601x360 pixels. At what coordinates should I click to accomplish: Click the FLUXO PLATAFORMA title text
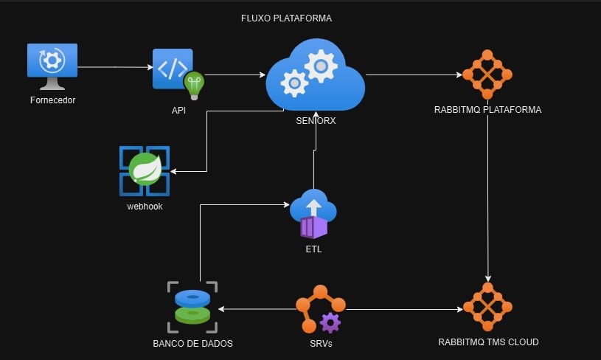coord(287,18)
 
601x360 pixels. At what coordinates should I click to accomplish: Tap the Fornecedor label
coord(52,100)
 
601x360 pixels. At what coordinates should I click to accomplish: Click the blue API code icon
coord(173,69)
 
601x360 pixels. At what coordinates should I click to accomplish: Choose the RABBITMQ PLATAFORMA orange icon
coord(487,75)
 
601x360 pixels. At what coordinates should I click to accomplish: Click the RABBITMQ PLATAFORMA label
coord(487,110)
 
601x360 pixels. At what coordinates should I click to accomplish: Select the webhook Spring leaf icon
coord(145,170)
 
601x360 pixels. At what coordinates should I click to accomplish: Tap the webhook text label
coord(145,206)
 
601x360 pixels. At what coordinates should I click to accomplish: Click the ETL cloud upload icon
coord(313,213)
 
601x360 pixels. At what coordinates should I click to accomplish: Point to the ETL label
coord(313,249)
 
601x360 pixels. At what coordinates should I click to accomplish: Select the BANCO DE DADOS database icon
coord(192,305)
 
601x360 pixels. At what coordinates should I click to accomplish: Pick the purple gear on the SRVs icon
coord(330,322)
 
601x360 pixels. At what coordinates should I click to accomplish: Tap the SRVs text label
coord(319,342)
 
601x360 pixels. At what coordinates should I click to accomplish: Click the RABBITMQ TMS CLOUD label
coord(487,342)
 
